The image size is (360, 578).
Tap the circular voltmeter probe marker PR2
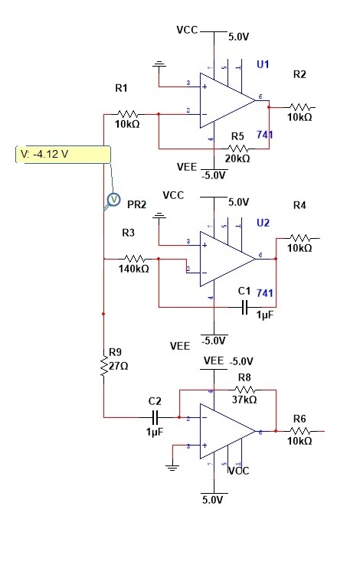click(x=113, y=199)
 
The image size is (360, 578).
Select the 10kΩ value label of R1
click(x=127, y=123)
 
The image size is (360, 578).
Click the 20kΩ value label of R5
click(x=238, y=158)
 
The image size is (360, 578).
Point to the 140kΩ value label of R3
click(x=133, y=269)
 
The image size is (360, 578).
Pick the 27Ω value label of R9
click(x=119, y=367)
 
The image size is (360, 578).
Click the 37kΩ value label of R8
click(x=244, y=399)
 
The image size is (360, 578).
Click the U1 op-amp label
click(x=263, y=66)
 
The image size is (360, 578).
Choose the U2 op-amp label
click(x=263, y=223)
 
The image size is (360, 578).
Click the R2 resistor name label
click(x=299, y=74)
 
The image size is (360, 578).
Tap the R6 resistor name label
click(x=299, y=419)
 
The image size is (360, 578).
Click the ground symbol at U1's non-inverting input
click(x=159, y=65)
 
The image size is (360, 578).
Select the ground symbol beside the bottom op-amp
click(x=174, y=464)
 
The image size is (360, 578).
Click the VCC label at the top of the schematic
click(x=187, y=30)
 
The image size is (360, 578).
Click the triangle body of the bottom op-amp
click(x=224, y=433)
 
